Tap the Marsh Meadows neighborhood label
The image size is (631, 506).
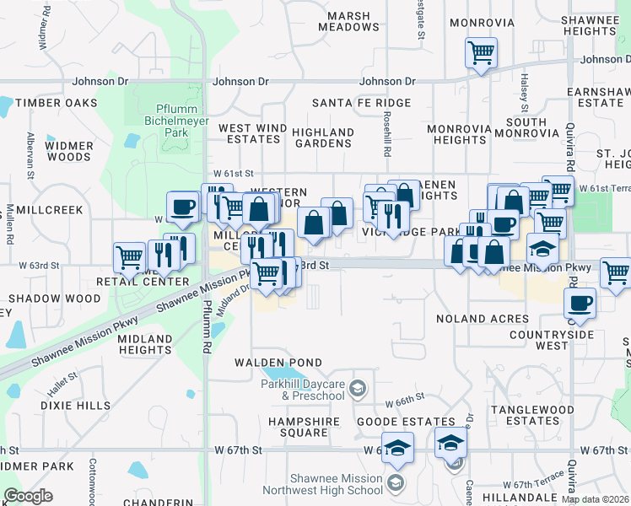click(348, 21)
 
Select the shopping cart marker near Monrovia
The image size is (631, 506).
click(481, 53)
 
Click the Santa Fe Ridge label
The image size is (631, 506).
click(361, 103)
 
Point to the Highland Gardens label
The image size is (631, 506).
click(323, 137)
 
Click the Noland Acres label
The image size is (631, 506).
click(482, 319)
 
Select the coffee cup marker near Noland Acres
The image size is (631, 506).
click(579, 303)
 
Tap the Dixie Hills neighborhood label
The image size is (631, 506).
click(75, 406)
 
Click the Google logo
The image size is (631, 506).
click(28, 496)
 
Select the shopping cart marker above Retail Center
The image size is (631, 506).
click(129, 256)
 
